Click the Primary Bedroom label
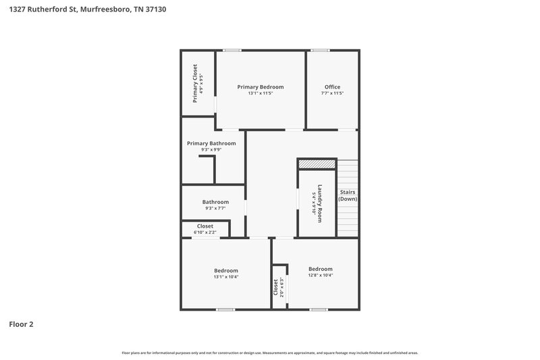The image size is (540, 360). [x=260, y=86]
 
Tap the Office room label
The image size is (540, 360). [x=332, y=86]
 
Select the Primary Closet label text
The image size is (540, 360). [x=195, y=83]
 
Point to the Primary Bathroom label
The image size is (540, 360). [x=211, y=143]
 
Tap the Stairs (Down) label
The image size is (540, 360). [x=348, y=195]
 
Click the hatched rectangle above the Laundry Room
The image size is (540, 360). [x=317, y=163]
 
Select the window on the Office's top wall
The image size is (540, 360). [x=320, y=50]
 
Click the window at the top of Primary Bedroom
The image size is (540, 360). [x=233, y=50]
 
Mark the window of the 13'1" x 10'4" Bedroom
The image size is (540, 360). [x=225, y=309]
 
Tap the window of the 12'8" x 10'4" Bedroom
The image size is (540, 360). [x=318, y=309]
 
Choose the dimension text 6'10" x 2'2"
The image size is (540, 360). [x=205, y=232]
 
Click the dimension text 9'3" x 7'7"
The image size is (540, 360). [x=215, y=208]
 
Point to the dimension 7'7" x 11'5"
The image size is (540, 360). [x=332, y=93]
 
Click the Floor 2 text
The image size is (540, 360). [x=21, y=324]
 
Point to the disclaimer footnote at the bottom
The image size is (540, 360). [x=269, y=353]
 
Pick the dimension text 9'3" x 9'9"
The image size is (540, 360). [x=211, y=149]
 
